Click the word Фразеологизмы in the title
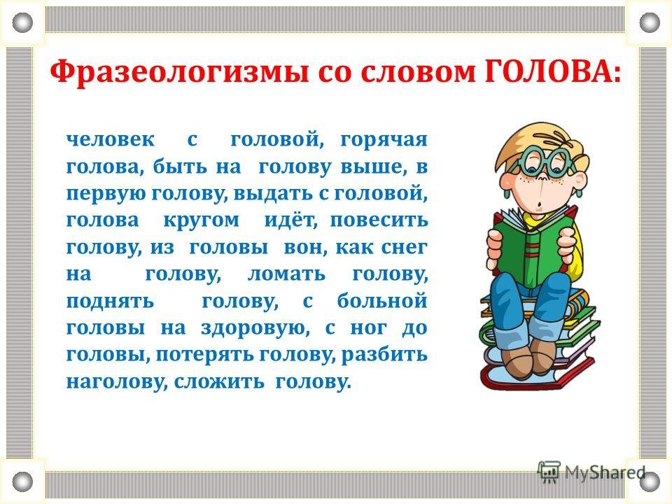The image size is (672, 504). coord(178,71)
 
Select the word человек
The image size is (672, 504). coord(110,139)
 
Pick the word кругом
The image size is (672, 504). coord(202,221)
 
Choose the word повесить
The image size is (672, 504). coord(379,220)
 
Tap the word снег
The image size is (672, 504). coord(404,248)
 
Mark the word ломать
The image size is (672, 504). coord(286,274)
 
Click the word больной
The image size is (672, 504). coord(382,300)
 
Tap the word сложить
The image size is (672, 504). coord(219,381)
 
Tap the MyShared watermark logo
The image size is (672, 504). coord(591,472)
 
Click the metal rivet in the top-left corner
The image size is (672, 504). coord(22,22)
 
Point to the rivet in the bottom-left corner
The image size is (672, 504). coord(22,482)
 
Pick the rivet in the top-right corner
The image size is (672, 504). coord(650,22)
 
